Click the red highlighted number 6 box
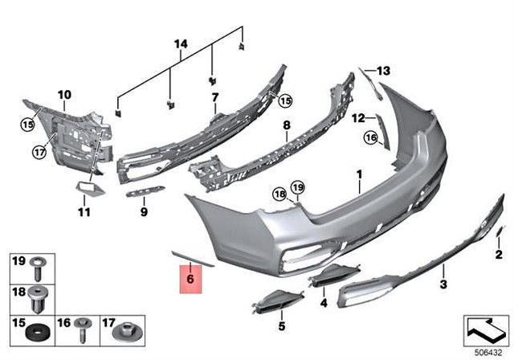[x=190, y=279]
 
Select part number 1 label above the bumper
[x=360, y=174]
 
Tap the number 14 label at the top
[x=181, y=43]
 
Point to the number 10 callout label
[x=64, y=94]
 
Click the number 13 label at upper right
[x=383, y=72]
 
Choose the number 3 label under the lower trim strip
[x=443, y=284]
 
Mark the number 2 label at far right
[x=499, y=256]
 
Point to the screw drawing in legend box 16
[x=81, y=328]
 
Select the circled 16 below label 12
[x=370, y=138]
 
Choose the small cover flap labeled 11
[x=87, y=188]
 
